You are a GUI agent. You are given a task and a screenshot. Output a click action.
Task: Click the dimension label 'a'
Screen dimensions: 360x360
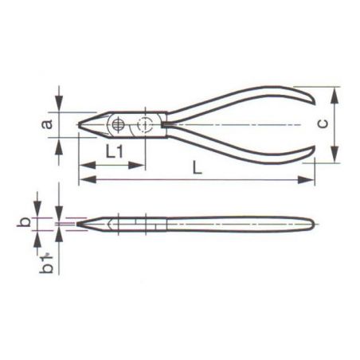click(x=47, y=123)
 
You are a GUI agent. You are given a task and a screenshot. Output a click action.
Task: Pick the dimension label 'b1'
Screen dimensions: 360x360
click(x=47, y=268)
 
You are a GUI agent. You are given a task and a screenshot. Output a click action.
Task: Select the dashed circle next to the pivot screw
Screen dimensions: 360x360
click(x=144, y=124)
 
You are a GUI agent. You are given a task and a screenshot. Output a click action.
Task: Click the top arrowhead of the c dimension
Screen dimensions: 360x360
click(x=333, y=90)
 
